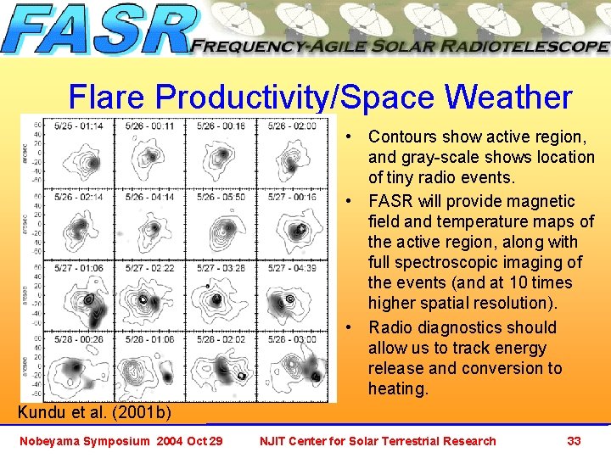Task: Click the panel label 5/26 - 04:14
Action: point(150,197)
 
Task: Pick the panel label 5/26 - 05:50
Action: point(222,197)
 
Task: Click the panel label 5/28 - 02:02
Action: point(222,339)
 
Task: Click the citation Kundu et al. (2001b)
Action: point(94,413)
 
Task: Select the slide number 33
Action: point(574,441)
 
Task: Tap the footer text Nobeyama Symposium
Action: point(83,441)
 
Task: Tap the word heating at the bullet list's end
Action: point(397,388)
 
